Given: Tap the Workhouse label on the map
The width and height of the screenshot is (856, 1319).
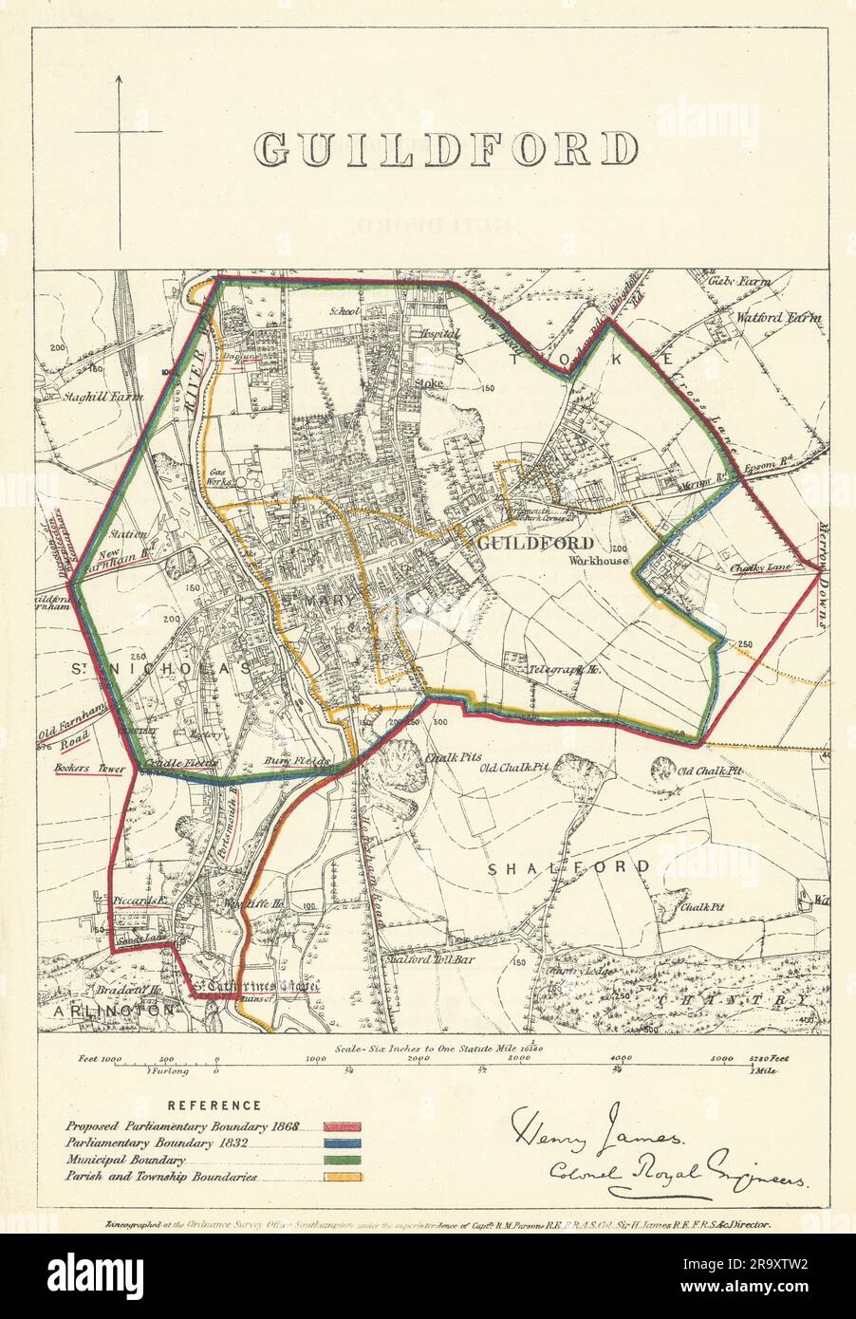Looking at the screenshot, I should (599, 561).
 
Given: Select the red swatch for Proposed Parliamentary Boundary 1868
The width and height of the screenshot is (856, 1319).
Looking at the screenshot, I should (342, 1127).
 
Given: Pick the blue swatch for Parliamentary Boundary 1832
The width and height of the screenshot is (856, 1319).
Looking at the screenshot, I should (342, 1144).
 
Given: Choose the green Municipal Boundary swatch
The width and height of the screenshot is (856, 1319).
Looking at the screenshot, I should (342, 1161).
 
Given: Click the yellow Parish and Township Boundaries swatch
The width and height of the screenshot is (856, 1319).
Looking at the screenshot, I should (342, 1179).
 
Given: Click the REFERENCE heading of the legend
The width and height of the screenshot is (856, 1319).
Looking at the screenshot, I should (214, 1105).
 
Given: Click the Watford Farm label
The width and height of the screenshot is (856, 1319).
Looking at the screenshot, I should (778, 319).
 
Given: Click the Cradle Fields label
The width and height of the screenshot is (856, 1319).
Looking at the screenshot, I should (181, 764).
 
